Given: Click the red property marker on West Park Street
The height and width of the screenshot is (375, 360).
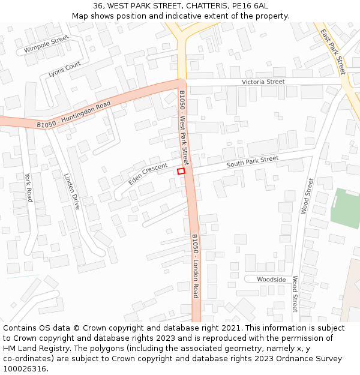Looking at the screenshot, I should tap(181, 172).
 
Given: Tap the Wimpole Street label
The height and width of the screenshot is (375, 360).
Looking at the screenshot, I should tap(47, 44).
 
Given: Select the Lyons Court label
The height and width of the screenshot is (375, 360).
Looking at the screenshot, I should tap(65, 70).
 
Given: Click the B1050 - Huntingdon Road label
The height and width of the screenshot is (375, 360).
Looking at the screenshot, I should tap(74, 114).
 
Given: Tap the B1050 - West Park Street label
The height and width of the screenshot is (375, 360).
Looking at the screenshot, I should tap(184, 128).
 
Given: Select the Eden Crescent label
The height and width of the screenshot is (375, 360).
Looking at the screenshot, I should tap(148, 174).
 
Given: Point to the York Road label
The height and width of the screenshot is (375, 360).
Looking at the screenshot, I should tap(28, 187).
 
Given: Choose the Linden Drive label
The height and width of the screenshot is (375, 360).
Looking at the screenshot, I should tap(72, 191).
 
